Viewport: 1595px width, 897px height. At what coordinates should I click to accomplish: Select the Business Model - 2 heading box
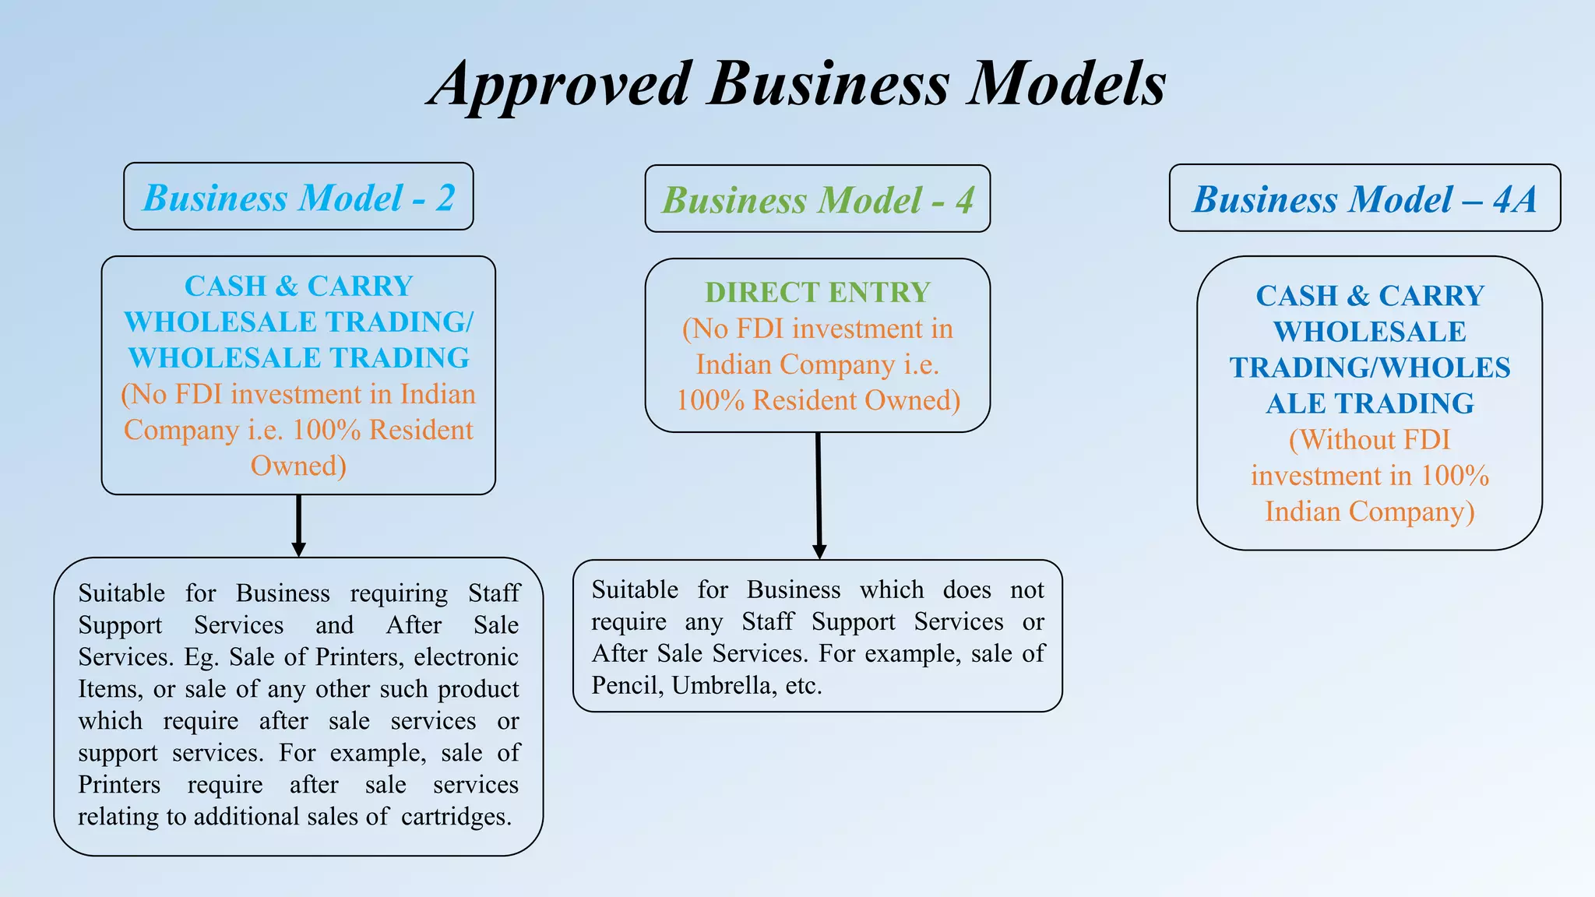[298, 197]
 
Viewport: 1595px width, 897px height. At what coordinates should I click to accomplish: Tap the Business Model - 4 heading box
[817, 199]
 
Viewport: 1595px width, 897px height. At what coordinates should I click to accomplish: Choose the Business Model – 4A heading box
[1364, 199]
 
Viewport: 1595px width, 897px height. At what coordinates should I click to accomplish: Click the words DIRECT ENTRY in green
[817, 292]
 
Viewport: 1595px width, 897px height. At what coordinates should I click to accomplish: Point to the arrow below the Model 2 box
[298, 526]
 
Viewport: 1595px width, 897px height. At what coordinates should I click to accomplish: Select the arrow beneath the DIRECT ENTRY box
[819, 495]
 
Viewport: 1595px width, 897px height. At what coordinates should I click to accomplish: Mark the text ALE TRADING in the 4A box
[1369, 403]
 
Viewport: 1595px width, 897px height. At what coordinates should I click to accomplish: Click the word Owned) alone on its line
[298, 466]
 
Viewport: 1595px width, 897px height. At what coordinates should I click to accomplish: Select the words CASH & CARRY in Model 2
[298, 286]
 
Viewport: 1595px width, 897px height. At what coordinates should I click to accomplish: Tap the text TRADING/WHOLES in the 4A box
[1369, 368]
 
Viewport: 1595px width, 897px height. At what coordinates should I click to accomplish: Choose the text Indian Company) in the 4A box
[1369, 512]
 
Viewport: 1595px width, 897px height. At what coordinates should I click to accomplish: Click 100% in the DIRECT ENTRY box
[709, 400]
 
